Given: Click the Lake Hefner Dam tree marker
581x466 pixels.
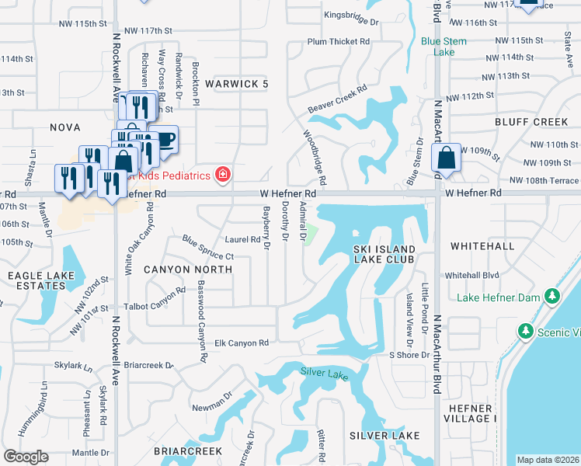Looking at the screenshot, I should coord(552,295).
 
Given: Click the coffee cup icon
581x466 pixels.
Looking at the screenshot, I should coord(165,139).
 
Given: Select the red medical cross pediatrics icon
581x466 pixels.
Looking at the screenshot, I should coord(223,175).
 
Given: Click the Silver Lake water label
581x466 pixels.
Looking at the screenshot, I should coord(325,373).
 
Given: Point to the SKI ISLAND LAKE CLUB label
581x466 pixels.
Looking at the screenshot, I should coord(384,254).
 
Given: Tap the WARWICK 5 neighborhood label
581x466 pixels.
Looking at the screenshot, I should coord(236,83).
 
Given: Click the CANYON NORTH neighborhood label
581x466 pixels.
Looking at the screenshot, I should coord(188,270).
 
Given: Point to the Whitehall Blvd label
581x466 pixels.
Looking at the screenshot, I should coord(471,276).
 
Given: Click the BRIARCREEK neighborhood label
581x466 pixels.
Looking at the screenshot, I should coord(188,450).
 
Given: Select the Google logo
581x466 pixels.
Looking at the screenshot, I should coord(26,457).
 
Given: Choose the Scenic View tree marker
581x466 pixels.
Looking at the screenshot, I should coord(526,332).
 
